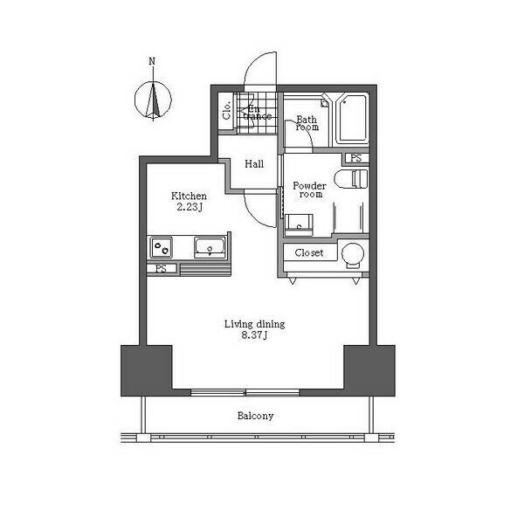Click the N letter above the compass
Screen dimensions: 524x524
(152, 61)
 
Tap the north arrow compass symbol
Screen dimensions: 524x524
(153, 100)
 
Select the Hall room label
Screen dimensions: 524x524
(254, 164)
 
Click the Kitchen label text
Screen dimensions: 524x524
(189, 196)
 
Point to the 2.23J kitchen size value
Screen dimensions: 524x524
(190, 207)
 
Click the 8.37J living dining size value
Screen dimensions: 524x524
(254, 334)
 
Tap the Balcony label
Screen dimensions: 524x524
(255, 416)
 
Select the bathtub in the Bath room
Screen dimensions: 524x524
(352, 119)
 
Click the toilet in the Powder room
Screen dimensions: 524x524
(351, 179)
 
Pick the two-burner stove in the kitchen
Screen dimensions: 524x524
(161, 248)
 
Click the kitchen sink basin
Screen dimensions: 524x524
(210, 248)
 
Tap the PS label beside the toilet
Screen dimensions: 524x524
(356, 158)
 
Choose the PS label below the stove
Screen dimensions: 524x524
(162, 269)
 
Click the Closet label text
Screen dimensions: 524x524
(309, 253)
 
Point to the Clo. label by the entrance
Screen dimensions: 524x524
(226, 110)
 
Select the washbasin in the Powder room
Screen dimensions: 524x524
(299, 225)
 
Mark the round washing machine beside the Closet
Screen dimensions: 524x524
(353, 254)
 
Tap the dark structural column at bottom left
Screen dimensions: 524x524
(147, 370)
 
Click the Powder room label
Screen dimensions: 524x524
(309, 190)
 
